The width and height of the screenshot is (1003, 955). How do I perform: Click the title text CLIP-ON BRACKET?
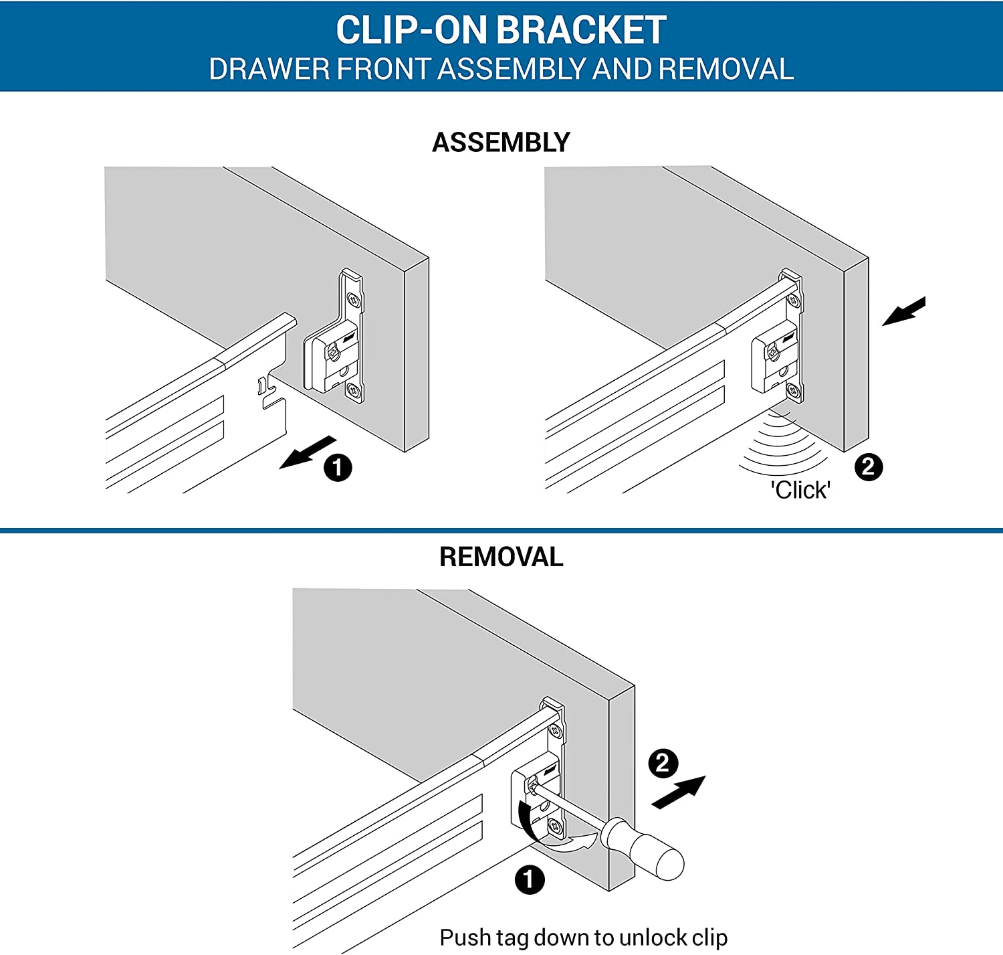click(x=501, y=30)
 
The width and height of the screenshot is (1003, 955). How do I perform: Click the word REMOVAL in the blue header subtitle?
click(x=726, y=70)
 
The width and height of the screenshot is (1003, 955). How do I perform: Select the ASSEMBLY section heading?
click(x=501, y=143)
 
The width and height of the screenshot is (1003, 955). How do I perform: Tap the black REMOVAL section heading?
click(x=501, y=557)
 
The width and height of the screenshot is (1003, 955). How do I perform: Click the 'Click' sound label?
click(x=800, y=490)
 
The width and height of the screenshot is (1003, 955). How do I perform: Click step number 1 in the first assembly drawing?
click(x=338, y=467)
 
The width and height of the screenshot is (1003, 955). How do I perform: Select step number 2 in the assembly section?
click(x=868, y=466)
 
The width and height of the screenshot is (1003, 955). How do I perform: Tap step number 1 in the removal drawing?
click(x=530, y=879)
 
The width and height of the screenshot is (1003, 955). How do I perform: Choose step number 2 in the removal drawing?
click(x=663, y=763)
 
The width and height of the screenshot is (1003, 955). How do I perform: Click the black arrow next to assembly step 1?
click(x=307, y=452)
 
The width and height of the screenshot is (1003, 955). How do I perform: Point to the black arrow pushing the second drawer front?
click(x=904, y=311)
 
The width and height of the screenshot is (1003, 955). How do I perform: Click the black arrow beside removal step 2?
click(x=679, y=792)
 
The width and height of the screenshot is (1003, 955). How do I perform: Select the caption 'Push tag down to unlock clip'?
click(x=583, y=937)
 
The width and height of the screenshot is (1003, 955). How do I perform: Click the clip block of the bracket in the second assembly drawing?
click(x=774, y=355)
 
